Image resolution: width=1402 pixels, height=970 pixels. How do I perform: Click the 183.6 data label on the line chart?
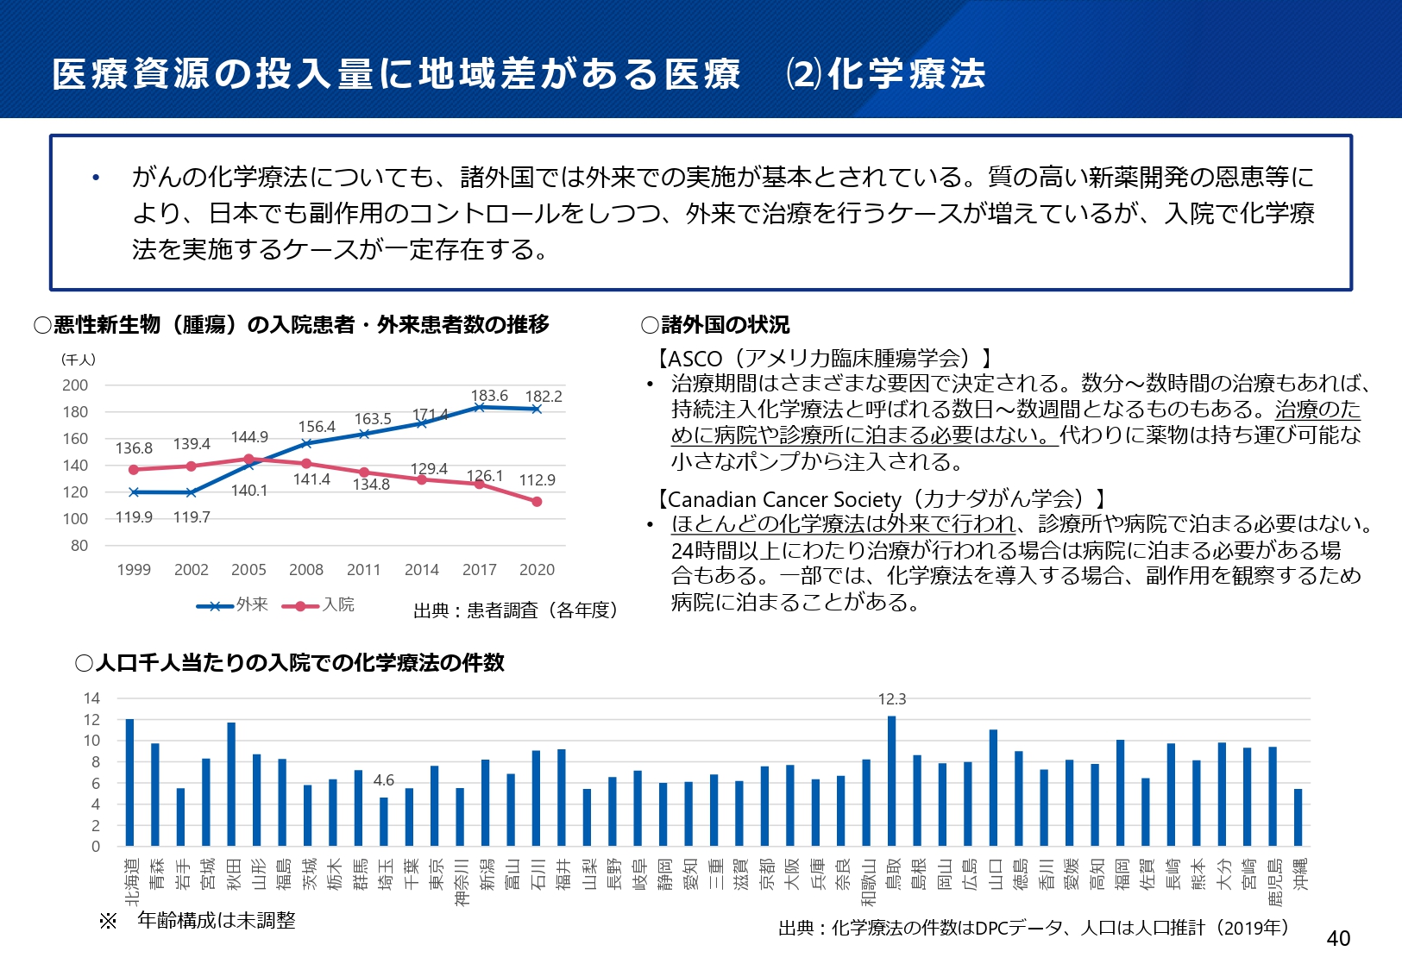[x=489, y=396]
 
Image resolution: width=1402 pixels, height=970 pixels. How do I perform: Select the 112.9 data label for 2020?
[x=537, y=480]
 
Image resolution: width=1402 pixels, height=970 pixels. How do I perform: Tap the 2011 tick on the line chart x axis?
[x=363, y=570]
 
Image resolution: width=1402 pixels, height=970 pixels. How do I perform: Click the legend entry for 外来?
[x=232, y=605]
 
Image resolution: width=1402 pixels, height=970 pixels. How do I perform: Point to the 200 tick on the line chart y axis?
[x=75, y=385]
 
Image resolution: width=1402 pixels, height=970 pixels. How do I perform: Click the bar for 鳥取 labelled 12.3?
[x=891, y=780]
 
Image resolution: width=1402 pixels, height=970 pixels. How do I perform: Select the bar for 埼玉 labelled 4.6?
[x=384, y=821]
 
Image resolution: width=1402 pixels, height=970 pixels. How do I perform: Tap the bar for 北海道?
[x=130, y=782]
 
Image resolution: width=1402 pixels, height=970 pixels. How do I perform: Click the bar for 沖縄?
[x=1298, y=817]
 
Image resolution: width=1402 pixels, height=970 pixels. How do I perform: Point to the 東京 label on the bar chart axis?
[x=436, y=873]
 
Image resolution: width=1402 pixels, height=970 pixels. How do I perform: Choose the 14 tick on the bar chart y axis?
[x=91, y=698]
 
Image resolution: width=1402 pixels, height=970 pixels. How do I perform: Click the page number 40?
[x=1338, y=938]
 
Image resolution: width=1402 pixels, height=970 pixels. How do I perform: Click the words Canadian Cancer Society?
[x=784, y=499]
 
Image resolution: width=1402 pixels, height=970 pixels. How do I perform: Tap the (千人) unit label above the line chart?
[x=78, y=360]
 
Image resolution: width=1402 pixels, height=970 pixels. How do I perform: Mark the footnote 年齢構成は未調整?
[x=216, y=921]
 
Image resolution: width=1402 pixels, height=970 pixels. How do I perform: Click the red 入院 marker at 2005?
[x=248, y=460]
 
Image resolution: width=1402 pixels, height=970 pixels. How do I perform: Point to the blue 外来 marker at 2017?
[x=480, y=407]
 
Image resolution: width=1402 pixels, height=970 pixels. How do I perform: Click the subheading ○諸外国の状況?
[x=715, y=325]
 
